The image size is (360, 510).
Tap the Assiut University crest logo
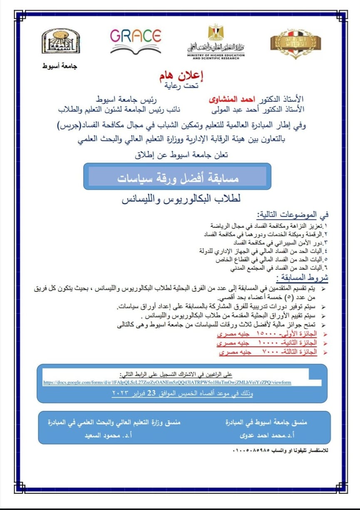coord(60,41)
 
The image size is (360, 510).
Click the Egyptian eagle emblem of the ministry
coord(216,33)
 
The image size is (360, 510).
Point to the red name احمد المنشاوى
coord(230,100)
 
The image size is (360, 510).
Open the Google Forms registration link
coord(167,382)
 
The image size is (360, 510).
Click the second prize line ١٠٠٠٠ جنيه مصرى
coord(267,343)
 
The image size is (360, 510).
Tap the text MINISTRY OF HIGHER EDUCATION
coord(216,55)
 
